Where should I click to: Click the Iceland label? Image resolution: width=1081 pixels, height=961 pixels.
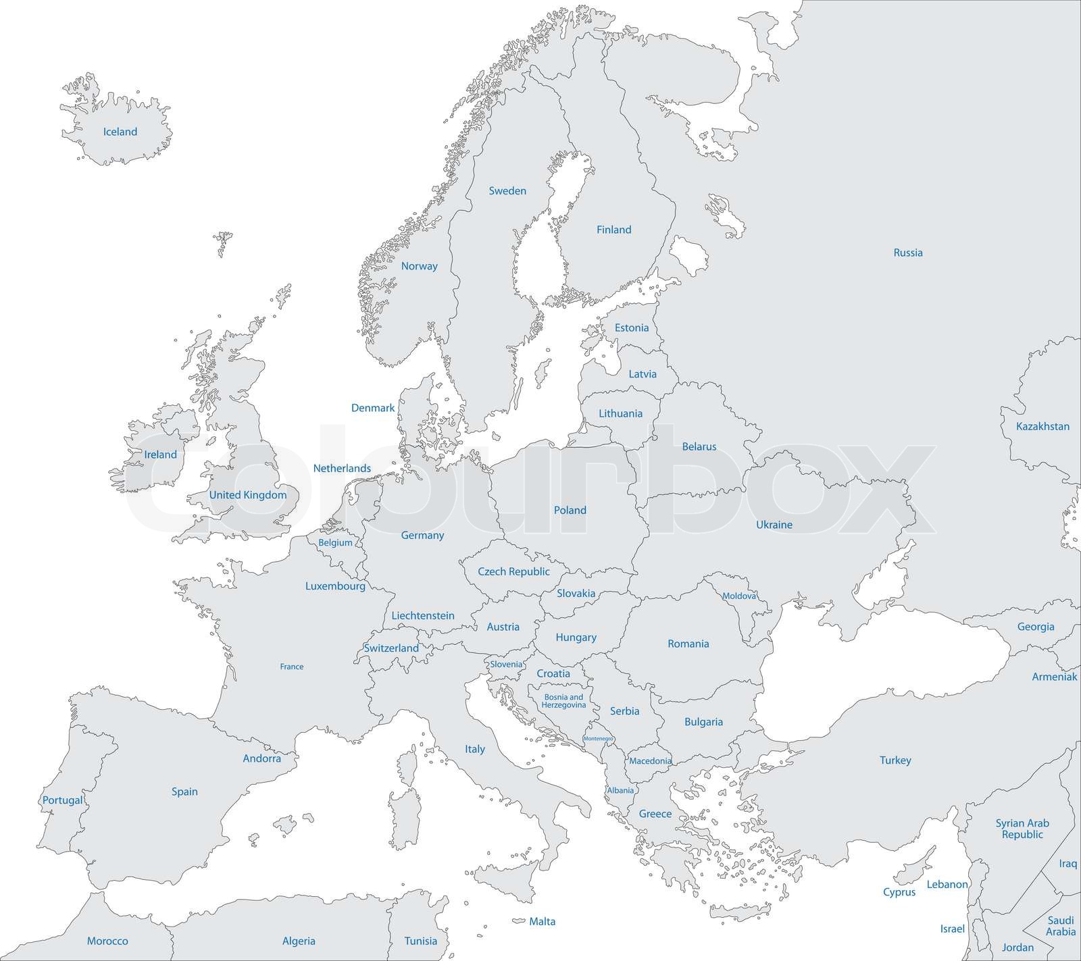pos(120,132)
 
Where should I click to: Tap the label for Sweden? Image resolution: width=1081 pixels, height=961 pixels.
pos(507,191)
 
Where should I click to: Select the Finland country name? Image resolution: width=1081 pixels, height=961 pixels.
pos(613,230)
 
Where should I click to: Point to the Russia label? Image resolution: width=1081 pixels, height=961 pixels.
pos(907,253)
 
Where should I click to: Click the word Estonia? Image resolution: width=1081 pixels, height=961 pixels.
pos(631,328)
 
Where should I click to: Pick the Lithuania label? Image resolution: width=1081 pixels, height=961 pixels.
pos(620,413)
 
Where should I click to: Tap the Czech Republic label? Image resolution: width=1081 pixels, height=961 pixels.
pos(513,571)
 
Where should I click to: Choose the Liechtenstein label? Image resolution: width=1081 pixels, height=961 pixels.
pos(423,616)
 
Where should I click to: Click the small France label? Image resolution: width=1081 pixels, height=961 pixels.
pos(292,667)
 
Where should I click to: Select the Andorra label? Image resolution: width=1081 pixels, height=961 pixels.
pos(261,758)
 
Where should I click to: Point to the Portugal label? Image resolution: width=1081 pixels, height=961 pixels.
pos(62,800)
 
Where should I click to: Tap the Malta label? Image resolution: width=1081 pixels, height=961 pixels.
pos(542,921)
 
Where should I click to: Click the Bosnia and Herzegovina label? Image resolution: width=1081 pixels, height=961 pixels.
pos(563,701)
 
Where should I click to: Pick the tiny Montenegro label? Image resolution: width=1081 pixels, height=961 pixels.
pos(598,739)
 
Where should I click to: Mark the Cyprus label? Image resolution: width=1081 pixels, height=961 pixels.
pos(899,892)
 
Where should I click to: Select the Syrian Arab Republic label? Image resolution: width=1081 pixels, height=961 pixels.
pos(1022,829)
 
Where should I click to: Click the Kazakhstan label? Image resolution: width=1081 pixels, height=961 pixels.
pos(1042,426)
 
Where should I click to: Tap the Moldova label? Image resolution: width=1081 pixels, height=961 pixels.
pos(739,596)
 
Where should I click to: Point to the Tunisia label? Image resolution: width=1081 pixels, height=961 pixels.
pos(420,941)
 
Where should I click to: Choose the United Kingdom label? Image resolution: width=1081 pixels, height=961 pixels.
pos(247,495)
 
